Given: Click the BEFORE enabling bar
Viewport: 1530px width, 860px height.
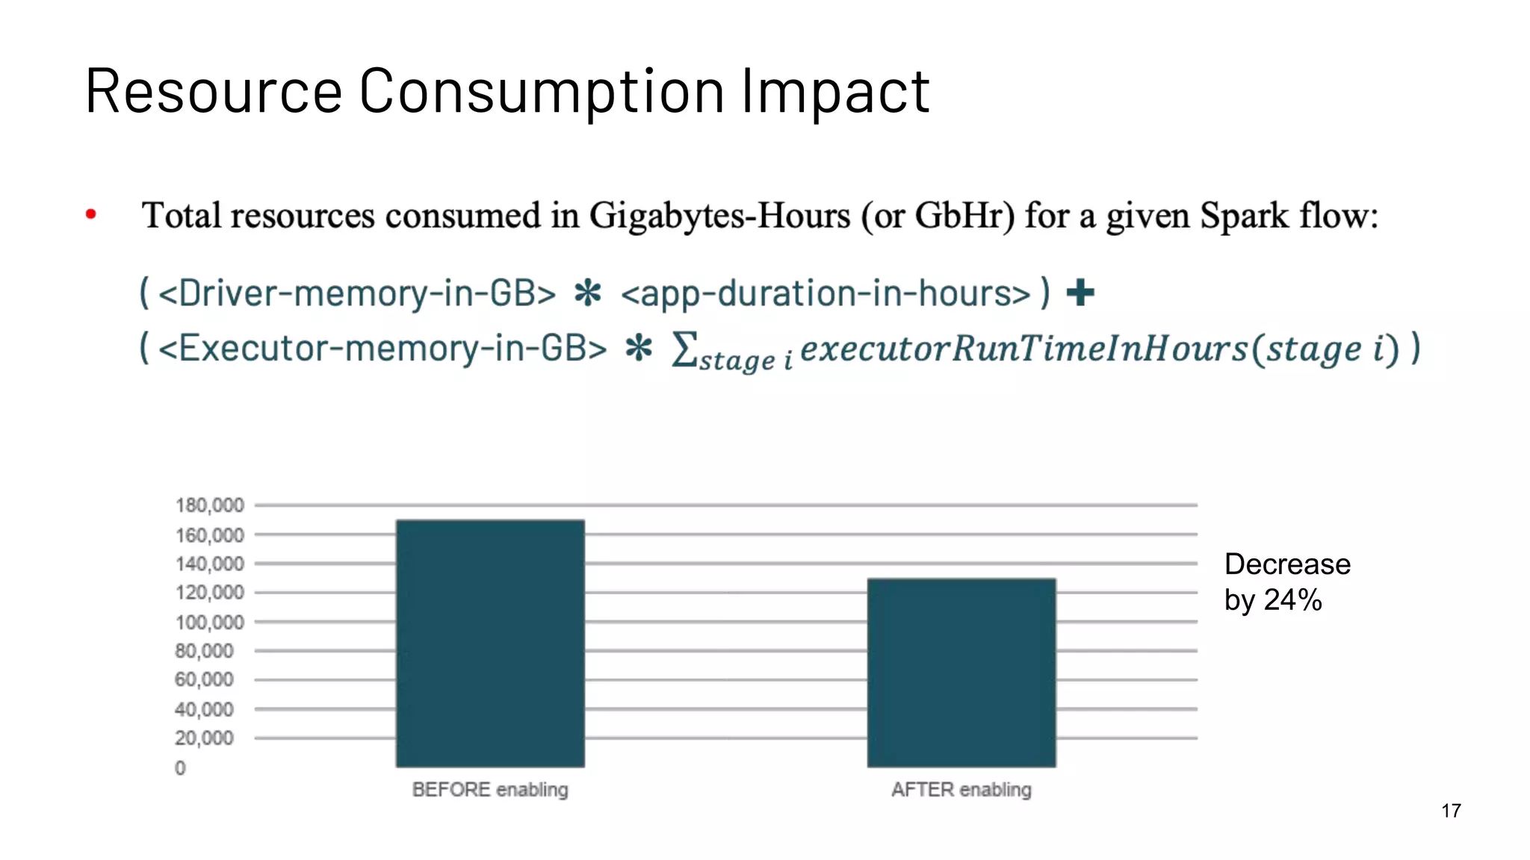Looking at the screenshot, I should tap(490, 644).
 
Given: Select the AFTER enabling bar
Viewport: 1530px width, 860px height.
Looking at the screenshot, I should tap(961, 672).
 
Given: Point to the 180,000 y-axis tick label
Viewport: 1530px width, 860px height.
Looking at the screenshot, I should tap(209, 505).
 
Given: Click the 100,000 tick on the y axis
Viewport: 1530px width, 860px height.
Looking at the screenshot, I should tap(209, 622).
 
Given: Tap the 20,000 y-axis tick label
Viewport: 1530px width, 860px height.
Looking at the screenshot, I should tap(204, 738).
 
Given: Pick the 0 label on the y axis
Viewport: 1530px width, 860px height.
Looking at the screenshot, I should tap(180, 767).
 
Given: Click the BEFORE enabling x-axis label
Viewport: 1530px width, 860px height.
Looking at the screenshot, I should tap(490, 789).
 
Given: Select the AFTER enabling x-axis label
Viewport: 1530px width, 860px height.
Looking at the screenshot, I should tap(961, 789).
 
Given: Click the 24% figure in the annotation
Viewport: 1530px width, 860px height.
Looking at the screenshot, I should tap(1292, 600).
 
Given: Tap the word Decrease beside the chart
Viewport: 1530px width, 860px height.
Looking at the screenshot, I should tap(1287, 564).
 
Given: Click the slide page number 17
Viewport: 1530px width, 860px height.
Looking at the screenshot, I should tap(1451, 811).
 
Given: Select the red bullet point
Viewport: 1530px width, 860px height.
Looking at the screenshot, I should tap(91, 215).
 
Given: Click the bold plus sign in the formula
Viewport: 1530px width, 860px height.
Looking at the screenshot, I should tap(1080, 293).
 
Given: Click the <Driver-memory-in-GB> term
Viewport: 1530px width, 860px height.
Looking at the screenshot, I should tap(357, 293).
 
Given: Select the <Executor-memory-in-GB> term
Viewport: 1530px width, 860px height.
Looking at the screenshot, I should tap(382, 348).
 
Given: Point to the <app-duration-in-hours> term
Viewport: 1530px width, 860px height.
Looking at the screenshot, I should tap(826, 293).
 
